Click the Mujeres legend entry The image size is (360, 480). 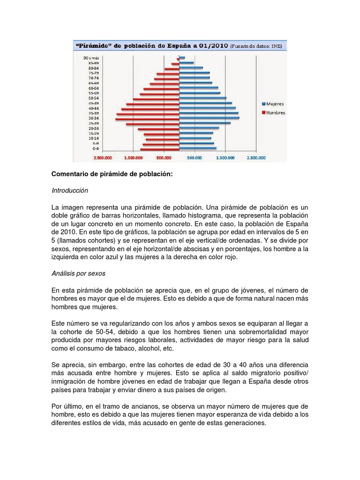coord(273,104)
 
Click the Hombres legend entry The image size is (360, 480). coord(273,112)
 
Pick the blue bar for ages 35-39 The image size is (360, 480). coord(209,113)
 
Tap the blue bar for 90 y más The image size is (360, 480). coord(182,58)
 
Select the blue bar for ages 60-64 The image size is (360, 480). coord(199,87)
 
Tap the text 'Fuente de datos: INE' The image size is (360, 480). coord(258,46)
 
